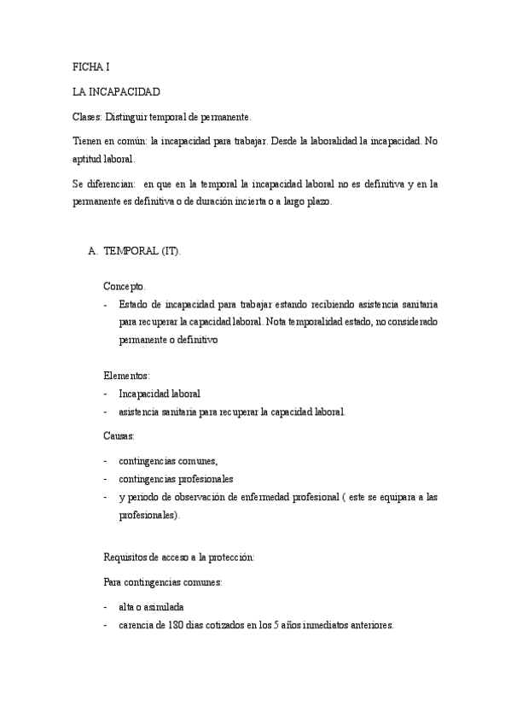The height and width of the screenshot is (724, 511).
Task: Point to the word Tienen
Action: coord(84,140)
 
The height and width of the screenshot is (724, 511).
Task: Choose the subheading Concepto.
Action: coord(126,285)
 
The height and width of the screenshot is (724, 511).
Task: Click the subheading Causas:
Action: coord(119,436)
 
